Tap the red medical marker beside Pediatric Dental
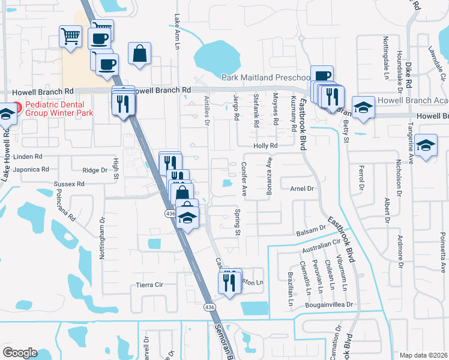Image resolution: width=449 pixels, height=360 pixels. point(17,108)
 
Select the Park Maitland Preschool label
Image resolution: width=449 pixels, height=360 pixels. point(265,77)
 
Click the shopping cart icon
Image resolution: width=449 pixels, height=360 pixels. point(70,36)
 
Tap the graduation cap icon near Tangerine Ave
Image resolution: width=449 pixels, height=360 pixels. point(426,146)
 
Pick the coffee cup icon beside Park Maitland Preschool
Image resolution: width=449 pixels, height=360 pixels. point(322,76)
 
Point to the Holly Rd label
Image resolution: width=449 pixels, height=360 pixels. point(265,146)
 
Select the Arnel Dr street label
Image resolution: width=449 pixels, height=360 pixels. point(303,188)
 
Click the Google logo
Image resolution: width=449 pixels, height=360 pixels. point(20,353)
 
